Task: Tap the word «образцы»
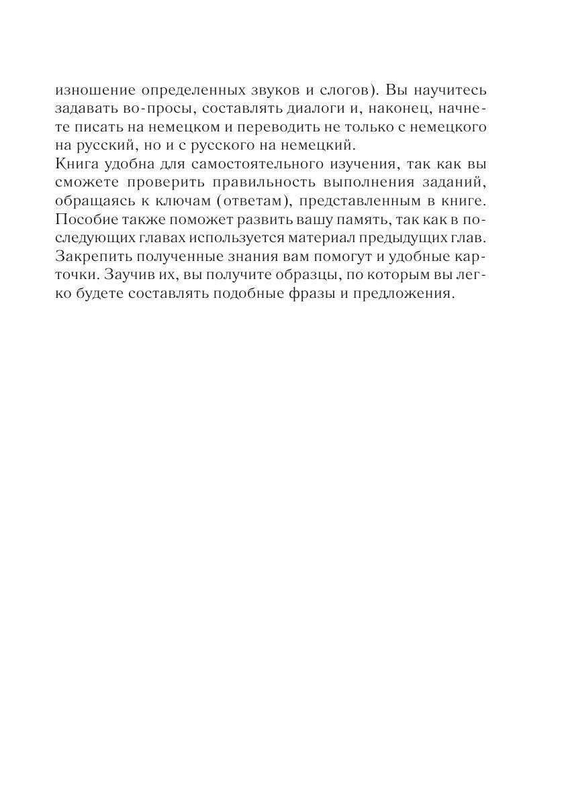[x=321, y=272]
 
